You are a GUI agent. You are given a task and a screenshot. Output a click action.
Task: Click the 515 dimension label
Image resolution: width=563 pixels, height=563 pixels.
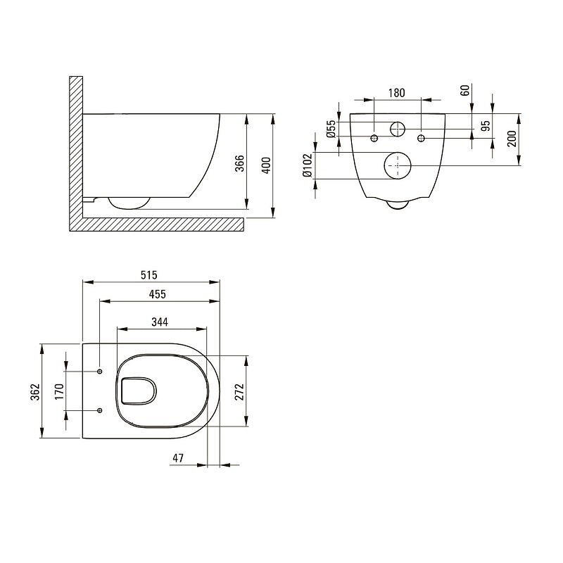click(x=148, y=275)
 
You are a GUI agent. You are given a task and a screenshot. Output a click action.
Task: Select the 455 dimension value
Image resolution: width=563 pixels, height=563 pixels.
click(x=157, y=294)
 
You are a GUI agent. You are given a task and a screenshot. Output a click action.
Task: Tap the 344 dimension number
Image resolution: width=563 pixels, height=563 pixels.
click(x=160, y=322)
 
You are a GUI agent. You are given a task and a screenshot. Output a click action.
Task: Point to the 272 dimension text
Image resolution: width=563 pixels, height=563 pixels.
click(x=239, y=392)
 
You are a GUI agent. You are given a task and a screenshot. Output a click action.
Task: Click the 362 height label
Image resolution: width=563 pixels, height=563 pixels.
click(x=34, y=392)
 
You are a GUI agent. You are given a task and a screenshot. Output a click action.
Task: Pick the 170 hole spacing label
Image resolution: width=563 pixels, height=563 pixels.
click(x=59, y=392)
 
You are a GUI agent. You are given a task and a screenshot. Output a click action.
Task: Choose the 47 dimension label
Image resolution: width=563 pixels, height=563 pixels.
click(x=178, y=458)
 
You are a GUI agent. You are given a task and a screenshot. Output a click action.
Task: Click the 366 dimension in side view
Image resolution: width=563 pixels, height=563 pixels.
click(x=239, y=163)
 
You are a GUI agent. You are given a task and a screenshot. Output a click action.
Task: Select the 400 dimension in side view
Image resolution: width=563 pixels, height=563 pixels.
click(x=266, y=165)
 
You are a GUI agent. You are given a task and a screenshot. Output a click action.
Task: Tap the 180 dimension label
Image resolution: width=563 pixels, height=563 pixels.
click(x=396, y=93)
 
